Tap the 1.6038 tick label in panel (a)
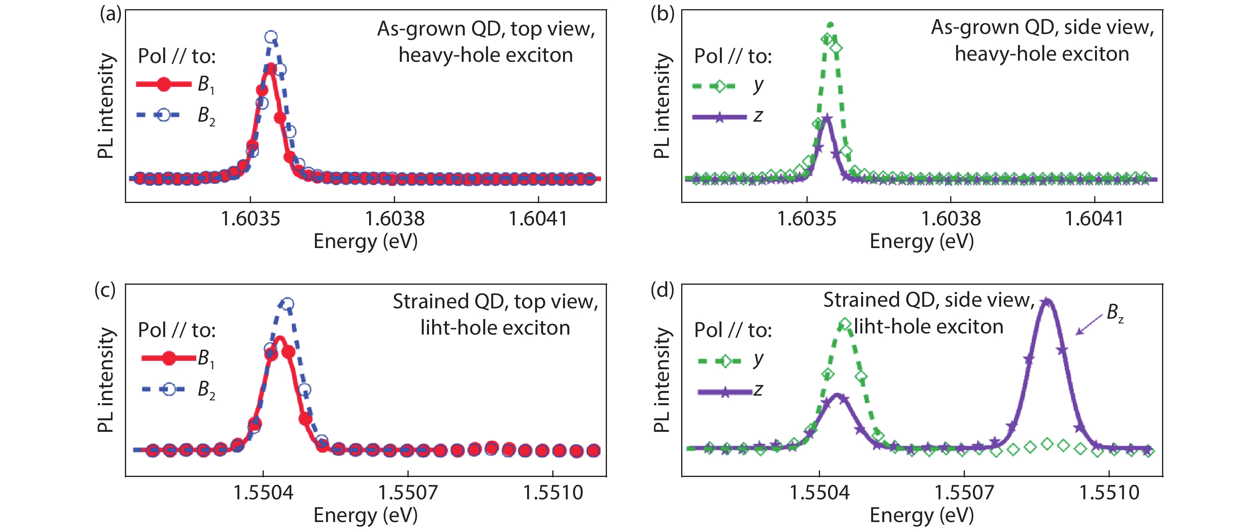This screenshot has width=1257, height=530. click(x=395, y=219)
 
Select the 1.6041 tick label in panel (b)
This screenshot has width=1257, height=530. click(x=1094, y=219)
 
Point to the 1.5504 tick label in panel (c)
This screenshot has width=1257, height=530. click(x=263, y=493)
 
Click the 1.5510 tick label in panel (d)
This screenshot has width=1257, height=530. click(x=1109, y=493)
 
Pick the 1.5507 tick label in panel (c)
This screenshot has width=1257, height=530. click(x=408, y=493)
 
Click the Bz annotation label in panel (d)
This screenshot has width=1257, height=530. click(x=1115, y=313)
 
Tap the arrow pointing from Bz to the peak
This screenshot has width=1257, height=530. click(x=1089, y=325)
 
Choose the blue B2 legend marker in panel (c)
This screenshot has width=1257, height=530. click(x=169, y=389)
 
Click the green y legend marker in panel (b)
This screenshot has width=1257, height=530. click(x=718, y=86)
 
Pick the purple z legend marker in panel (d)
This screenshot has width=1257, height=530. click(x=725, y=392)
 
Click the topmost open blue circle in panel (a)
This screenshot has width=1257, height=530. click(x=271, y=37)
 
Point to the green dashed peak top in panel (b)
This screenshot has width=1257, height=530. click(x=830, y=24)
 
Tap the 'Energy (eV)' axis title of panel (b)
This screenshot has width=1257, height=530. click(x=921, y=241)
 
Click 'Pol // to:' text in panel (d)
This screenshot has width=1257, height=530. click(x=733, y=331)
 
